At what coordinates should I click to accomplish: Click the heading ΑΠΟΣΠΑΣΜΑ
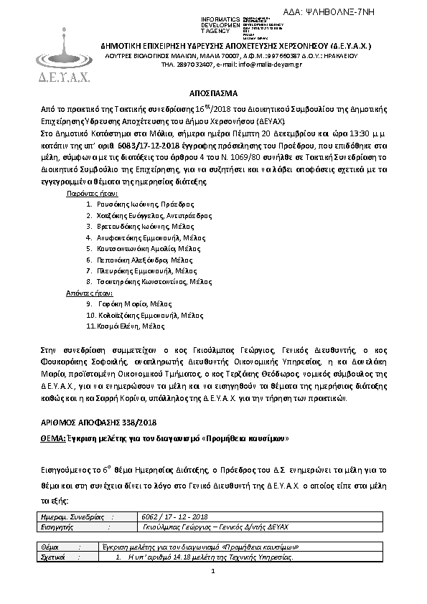(x=213, y=94)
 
